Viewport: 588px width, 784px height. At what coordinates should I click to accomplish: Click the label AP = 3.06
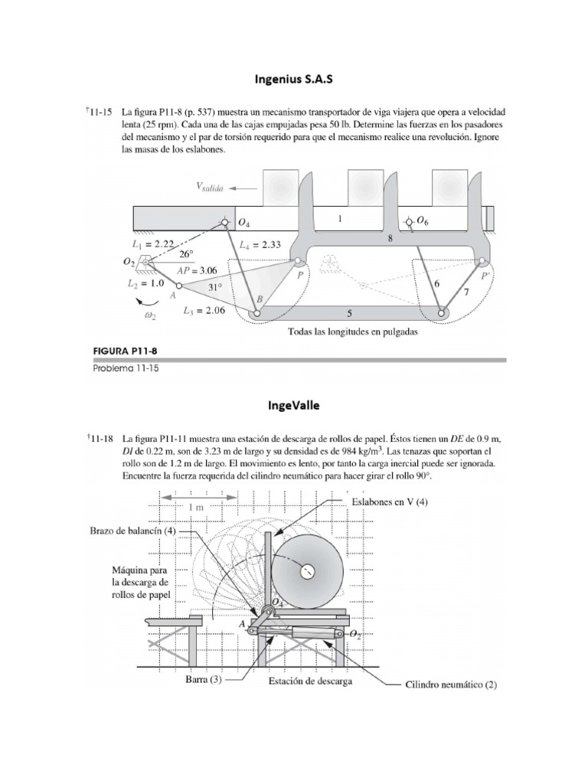tap(197, 270)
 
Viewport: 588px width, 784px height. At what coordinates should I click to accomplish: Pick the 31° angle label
tap(216, 287)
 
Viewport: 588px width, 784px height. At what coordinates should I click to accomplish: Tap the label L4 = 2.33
tap(260, 244)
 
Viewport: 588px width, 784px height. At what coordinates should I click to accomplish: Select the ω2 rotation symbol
tap(151, 314)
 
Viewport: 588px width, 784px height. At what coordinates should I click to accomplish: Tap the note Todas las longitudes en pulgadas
tap(352, 332)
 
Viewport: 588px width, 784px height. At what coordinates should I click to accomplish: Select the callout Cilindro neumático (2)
tap(451, 684)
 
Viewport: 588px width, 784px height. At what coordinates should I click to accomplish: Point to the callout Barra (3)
tap(203, 680)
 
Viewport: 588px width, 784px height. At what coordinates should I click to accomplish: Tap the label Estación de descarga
tap(310, 681)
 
